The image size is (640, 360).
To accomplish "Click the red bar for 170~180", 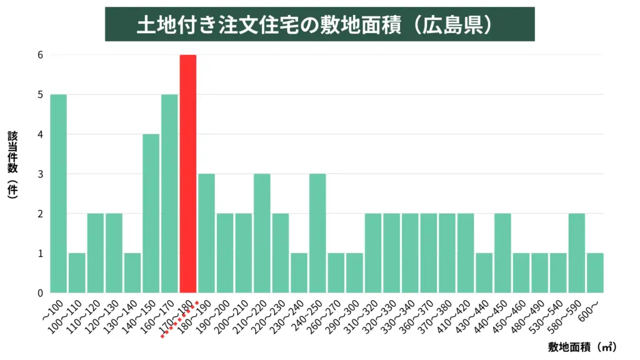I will pos(188,174).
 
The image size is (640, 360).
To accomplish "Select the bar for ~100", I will pos(58,194).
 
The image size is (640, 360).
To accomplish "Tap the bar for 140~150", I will pos(151,213).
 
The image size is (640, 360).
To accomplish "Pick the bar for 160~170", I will pos(169,194).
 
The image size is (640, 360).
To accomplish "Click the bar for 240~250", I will pos(317,233).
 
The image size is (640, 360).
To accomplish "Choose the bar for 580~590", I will pos(577,253).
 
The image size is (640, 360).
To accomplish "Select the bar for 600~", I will pos(595,273).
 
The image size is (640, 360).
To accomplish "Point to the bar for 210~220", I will pos(262,233).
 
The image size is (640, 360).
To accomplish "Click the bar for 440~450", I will pos(502,253).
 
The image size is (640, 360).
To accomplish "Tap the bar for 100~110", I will pos(77,273).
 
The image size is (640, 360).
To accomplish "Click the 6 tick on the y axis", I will pos(39,55).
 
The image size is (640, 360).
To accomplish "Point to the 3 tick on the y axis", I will pos(39,174).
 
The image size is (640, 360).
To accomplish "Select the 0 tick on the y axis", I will pos(39,292).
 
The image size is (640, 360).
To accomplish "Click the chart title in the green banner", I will pos(319,24).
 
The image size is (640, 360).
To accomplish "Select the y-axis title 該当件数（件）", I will pos(12,165).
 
